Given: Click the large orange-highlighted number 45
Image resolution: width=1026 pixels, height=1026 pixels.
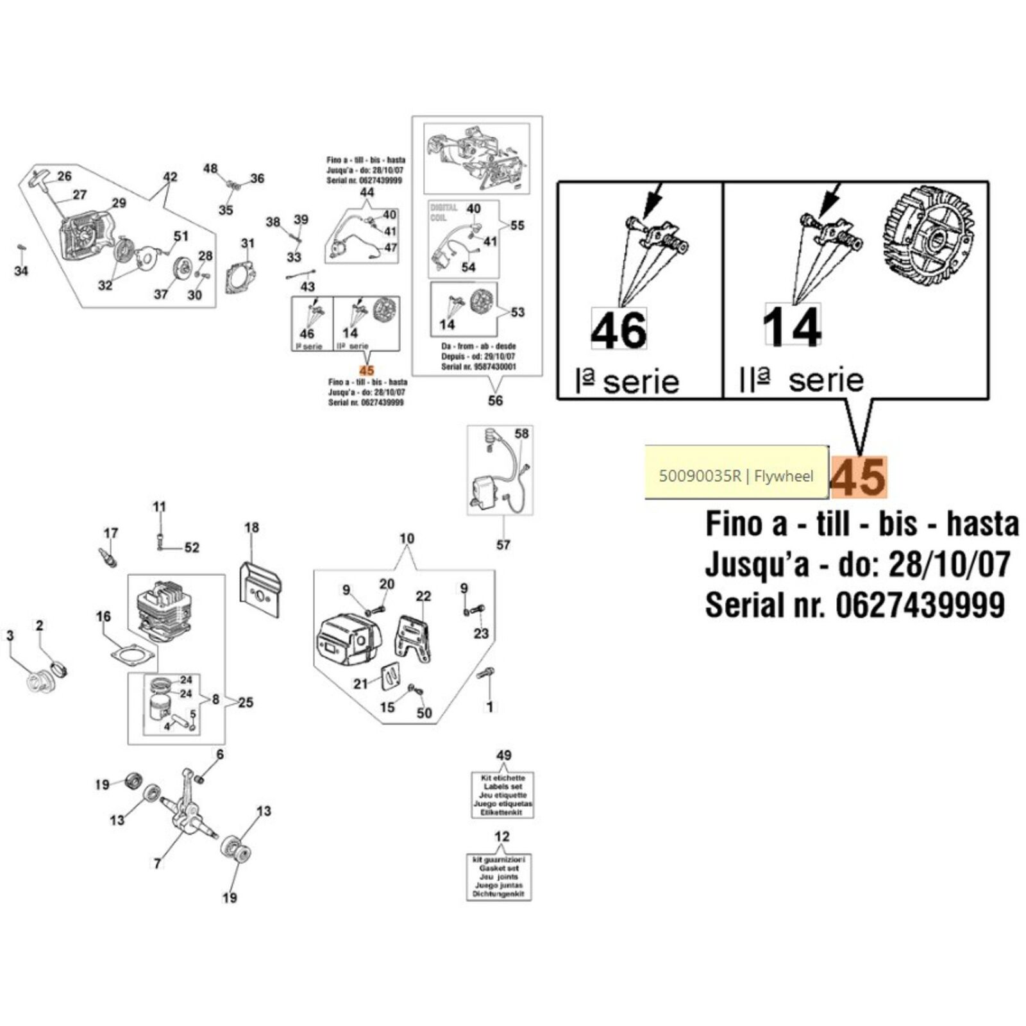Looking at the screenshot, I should tap(859, 477).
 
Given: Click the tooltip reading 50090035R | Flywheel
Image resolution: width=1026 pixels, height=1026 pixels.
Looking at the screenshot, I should tap(736, 476).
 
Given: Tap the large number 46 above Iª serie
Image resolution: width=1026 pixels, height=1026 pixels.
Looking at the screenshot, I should tap(619, 330).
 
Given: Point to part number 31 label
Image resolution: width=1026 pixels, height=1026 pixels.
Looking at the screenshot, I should tap(248, 243).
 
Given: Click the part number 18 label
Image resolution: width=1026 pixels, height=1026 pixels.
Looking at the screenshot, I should tap(251, 527).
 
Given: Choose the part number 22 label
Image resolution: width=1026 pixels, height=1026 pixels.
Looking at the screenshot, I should tap(423, 596).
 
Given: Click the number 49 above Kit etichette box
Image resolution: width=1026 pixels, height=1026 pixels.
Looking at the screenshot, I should tap(503, 755).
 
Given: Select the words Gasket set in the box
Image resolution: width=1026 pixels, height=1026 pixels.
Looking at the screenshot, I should tap(499, 868).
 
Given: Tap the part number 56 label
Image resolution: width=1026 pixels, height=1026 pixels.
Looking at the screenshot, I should tap(496, 401).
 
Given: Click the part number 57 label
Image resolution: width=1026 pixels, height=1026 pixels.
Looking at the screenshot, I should tap(503, 544).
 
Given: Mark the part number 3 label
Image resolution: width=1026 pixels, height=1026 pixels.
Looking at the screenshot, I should tap(10, 635).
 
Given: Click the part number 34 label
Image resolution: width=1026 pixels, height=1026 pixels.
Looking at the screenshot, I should tap(21, 271).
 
